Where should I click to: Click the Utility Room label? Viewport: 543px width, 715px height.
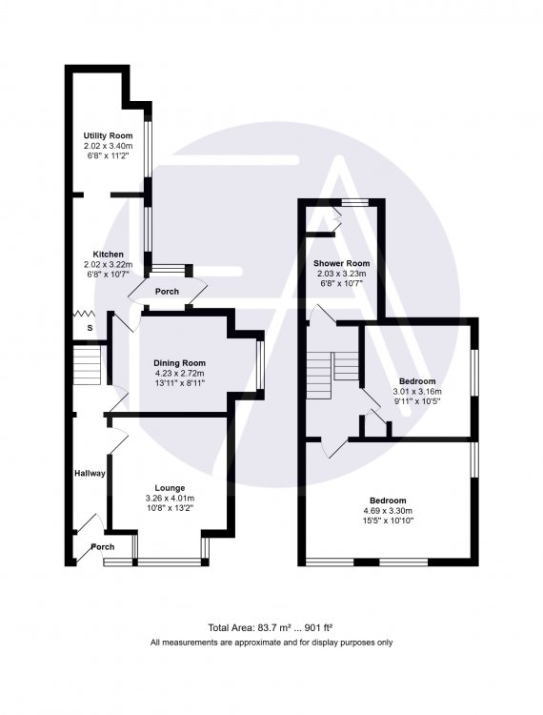click(108, 135)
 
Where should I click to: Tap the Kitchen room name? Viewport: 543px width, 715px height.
click(108, 254)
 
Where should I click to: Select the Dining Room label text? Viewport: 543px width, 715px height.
click(179, 363)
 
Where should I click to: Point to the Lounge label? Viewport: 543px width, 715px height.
click(170, 488)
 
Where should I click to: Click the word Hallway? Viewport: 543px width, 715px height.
click(90, 473)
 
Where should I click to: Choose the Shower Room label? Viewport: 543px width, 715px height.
click(341, 263)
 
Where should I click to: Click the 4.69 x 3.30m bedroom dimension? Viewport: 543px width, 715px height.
click(388, 511)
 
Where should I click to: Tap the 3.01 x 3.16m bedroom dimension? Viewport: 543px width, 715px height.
click(417, 391)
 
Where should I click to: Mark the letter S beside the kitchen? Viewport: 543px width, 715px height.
click(90, 328)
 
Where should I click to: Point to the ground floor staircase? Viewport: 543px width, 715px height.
click(87, 365)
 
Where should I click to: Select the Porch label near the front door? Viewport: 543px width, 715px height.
click(103, 547)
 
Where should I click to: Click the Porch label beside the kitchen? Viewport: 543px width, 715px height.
click(167, 292)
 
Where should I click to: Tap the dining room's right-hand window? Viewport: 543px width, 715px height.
click(260, 365)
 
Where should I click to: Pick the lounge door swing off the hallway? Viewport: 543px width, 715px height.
click(117, 441)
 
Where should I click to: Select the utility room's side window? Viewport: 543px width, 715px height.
click(148, 149)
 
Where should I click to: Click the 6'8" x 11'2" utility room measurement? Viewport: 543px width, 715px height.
click(108, 155)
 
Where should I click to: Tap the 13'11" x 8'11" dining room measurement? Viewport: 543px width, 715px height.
click(179, 383)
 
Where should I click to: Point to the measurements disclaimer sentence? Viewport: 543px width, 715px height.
click(271, 643)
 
